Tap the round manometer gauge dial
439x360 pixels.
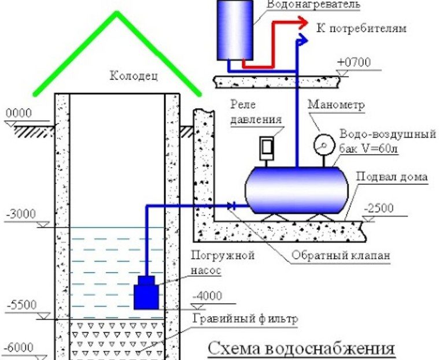324,146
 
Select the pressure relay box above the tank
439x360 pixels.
267,149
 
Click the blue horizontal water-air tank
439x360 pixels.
297,190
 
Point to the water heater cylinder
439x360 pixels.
235,30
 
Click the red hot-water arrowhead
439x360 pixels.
302,23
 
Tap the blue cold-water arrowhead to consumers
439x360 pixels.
302,40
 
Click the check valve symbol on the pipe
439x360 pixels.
231,206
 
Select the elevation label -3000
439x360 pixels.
21,214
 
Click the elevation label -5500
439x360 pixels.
21,305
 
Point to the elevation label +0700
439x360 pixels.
354,62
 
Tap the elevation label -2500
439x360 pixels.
379,209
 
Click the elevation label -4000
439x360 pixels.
208,296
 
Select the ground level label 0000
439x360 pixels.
19,113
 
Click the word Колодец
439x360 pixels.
134,76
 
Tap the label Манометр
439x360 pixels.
336,105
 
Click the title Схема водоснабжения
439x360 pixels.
301,349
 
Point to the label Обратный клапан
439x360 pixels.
341,255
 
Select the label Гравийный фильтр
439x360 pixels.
245,318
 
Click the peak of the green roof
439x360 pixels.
117,13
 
